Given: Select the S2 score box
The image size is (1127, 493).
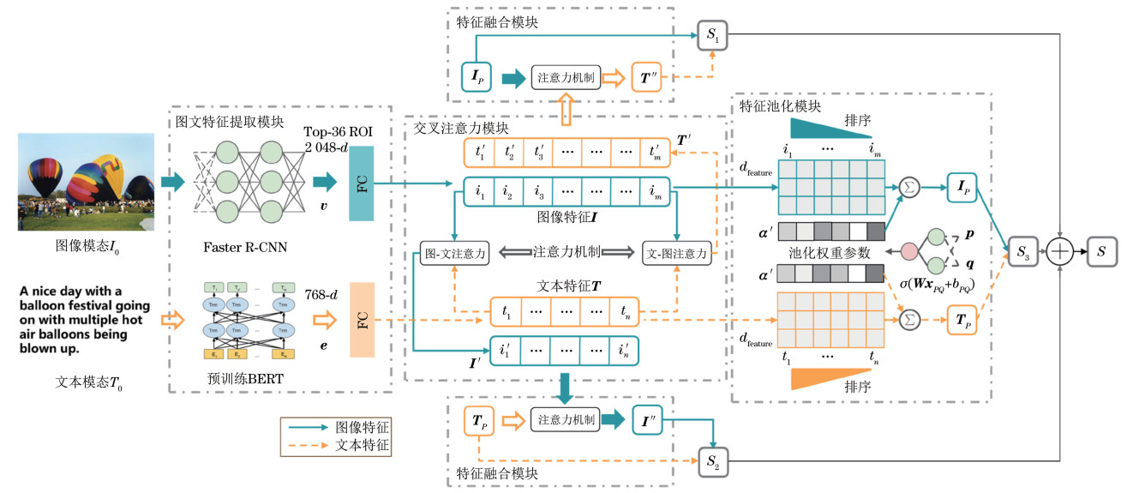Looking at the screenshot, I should [x=713, y=461].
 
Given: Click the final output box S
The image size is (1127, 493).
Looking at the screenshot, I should [x=1102, y=251].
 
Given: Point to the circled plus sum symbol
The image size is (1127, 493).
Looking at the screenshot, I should [x=1061, y=251].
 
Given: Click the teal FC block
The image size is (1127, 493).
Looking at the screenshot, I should [x=363, y=183].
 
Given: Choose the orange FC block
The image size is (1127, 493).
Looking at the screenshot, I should [x=363, y=320].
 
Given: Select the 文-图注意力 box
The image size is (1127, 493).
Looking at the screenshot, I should [x=678, y=253].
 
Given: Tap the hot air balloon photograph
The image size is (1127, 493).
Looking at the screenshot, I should [x=87, y=182].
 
